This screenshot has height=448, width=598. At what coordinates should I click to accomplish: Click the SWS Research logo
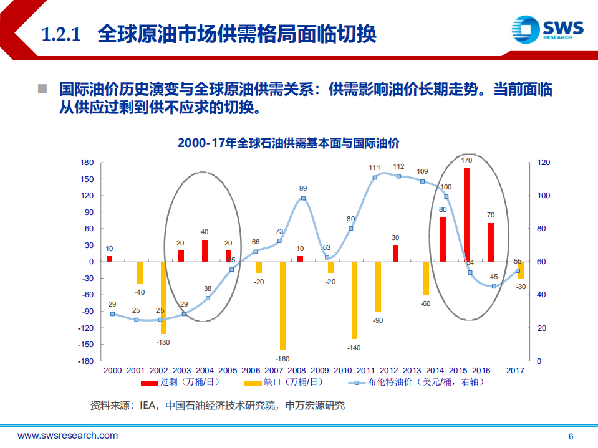tap(547, 29)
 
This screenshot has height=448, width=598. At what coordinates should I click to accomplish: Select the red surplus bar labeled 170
tap(466, 215)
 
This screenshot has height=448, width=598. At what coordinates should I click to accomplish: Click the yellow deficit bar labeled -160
tap(282, 306)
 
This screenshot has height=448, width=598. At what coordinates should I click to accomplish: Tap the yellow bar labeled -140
tap(355, 300)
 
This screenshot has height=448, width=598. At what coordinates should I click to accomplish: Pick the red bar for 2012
tap(395, 253)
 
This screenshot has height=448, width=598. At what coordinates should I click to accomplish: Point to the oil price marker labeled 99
tap(303, 198)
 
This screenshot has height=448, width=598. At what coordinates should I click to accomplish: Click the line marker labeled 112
tap(398, 176)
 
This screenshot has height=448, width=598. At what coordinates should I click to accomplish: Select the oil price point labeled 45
tap(494, 287)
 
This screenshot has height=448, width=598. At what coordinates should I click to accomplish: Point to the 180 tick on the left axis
tap(87, 163)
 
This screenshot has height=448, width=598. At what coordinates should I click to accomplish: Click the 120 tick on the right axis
tap(543, 163)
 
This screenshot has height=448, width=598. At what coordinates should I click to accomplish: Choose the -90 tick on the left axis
tap(87, 312)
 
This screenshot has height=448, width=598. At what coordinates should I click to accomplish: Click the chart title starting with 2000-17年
tap(288, 143)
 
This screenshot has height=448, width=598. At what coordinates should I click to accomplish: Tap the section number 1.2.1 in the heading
tap(62, 34)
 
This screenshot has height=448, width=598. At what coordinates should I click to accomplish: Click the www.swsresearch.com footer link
tap(67, 436)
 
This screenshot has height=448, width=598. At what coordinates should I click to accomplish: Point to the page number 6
tap(571, 436)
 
